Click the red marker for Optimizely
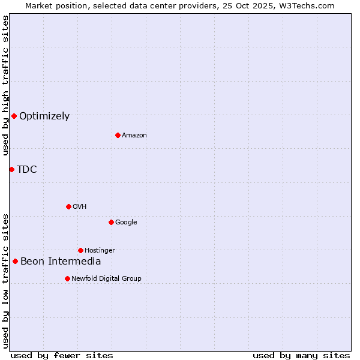[x=14, y=116]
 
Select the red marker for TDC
[x=11, y=169]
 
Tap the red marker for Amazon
[x=118, y=135]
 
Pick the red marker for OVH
[x=68, y=206]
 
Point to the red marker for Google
[x=111, y=222]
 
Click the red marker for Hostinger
[x=80, y=250]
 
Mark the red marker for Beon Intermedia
[x=15, y=261]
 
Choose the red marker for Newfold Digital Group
[x=67, y=278]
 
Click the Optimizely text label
[x=44, y=116]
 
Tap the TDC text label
[x=27, y=170]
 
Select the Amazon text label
[x=134, y=136]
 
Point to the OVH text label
[x=80, y=207]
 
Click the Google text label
[x=126, y=223]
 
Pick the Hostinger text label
[x=100, y=251]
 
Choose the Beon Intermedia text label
[x=61, y=262]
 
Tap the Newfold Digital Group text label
[x=106, y=279]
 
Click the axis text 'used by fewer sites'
[x=62, y=355]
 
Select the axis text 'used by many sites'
[x=301, y=355]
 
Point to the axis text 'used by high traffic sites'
[x=5, y=85]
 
